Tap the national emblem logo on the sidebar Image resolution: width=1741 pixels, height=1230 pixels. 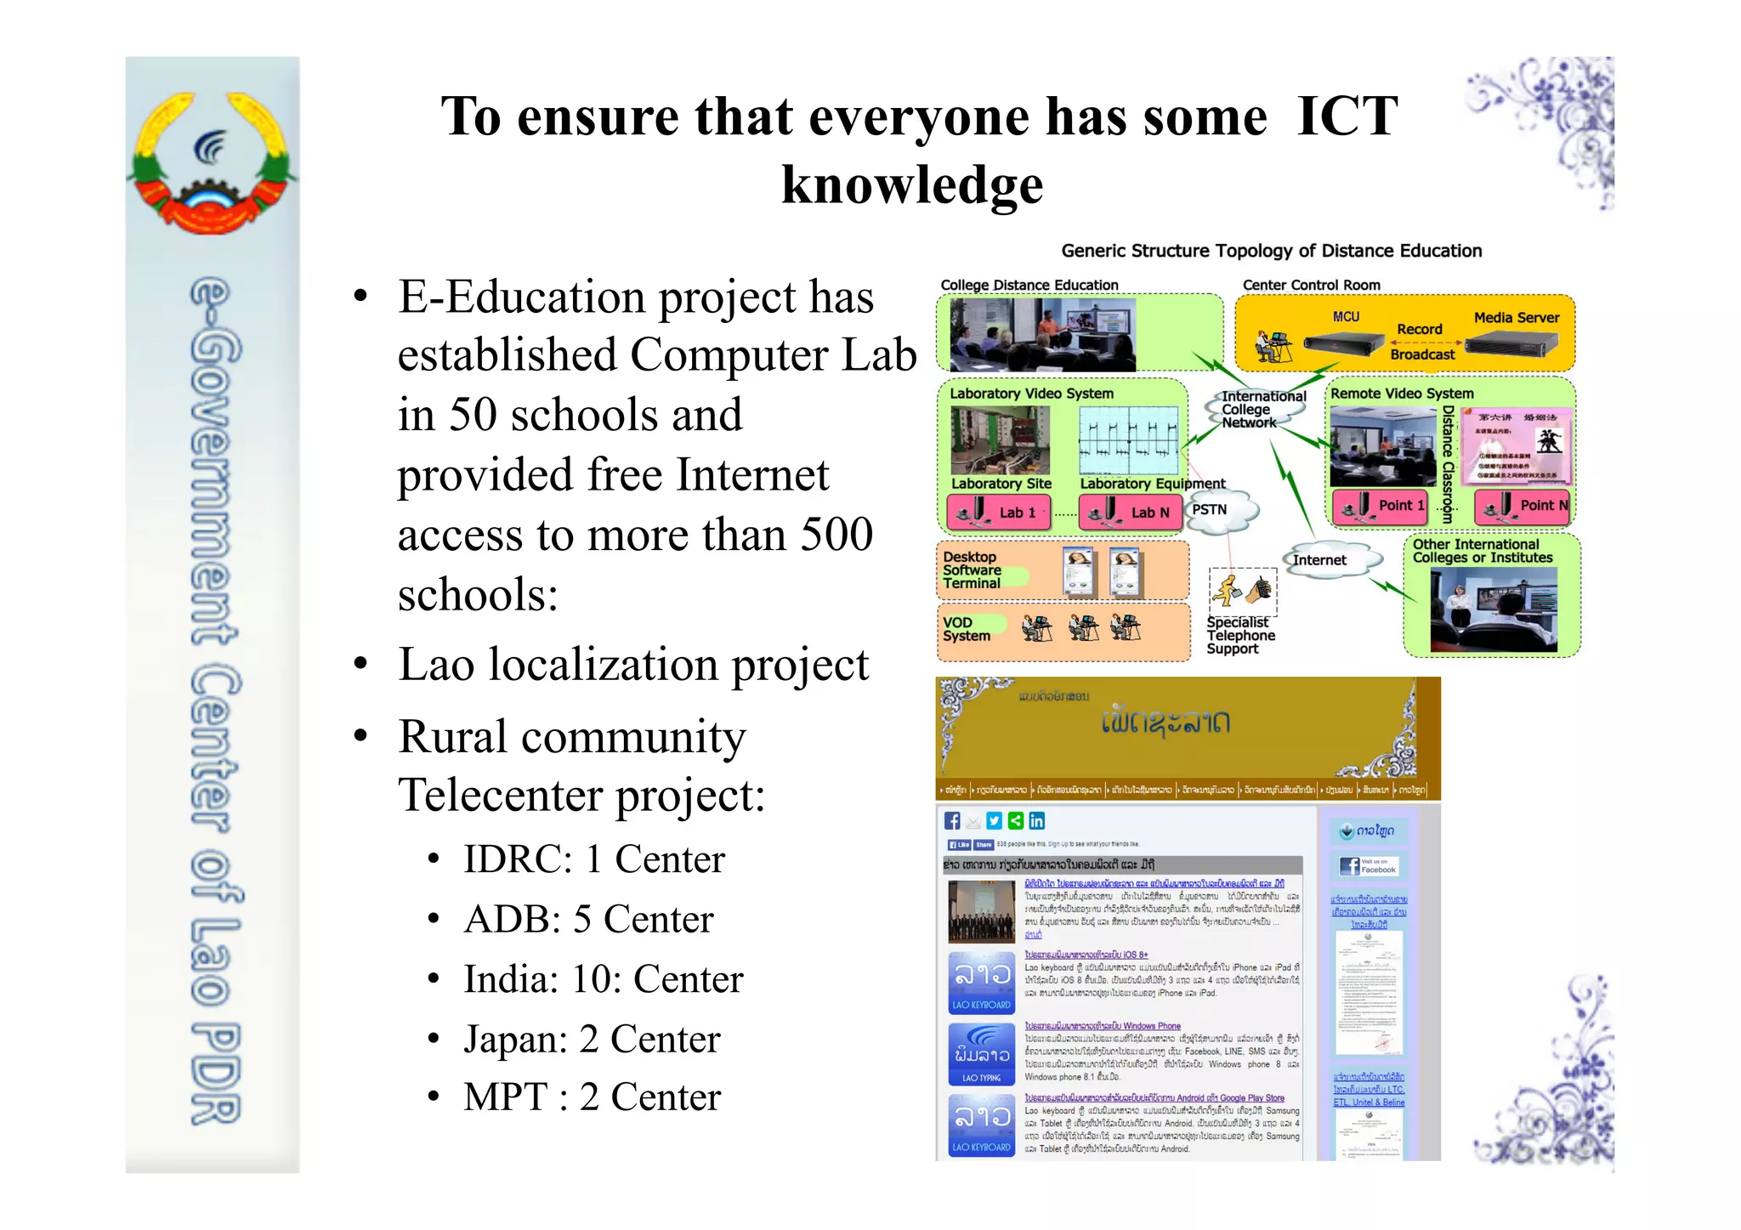(x=212, y=162)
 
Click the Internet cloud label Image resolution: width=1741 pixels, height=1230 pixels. (x=1319, y=560)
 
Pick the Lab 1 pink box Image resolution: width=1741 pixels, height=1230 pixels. (x=1000, y=513)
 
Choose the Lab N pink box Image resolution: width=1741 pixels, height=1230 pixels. (x=1131, y=513)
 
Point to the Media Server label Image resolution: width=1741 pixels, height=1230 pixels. (x=1517, y=318)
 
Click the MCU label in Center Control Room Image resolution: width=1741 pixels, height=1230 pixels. (x=1346, y=317)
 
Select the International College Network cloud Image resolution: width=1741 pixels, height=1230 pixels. (x=1255, y=410)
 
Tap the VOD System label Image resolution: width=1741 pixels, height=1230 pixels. (x=967, y=629)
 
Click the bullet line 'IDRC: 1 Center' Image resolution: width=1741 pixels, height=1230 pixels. (x=593, y=859)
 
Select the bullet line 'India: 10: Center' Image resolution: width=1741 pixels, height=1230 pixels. (x=603, y=979)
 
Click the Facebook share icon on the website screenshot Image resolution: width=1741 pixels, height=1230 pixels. (x=952, y=820)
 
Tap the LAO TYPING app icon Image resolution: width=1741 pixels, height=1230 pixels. (x=982, y=1054)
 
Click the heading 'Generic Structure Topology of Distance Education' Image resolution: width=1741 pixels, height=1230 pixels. (x=1271, y=251)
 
